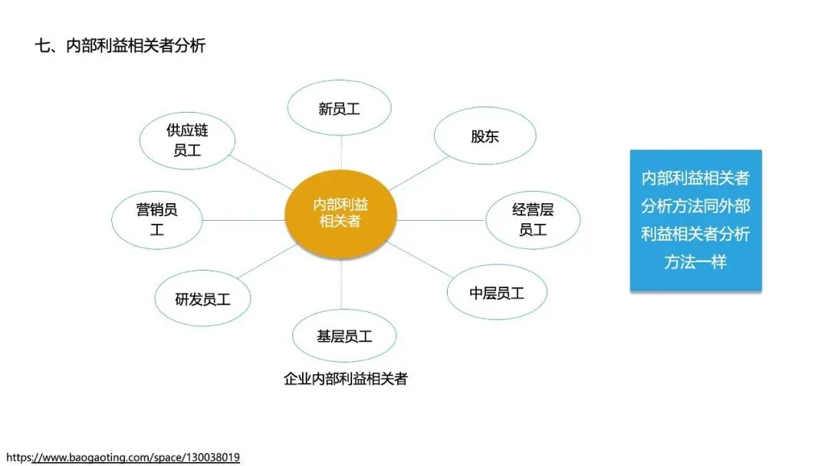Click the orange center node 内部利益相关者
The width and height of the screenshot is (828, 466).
pyautogui.click(x=340, y=213)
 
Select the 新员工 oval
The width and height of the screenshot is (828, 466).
pyautogui.click(x=339, y=108)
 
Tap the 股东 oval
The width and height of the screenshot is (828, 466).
pyautogui.click(x=485, y=136)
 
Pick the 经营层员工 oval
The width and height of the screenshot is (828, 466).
pyautogui.click(x=533, y=219)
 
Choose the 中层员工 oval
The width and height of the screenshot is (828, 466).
pyautogui.click(x=497, y=293)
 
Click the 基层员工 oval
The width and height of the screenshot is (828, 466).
pyautogui.click(x=344, y=336)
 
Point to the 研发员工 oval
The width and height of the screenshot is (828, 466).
pyautogui.click(x=202, y=299)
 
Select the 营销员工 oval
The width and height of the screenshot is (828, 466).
pyautogui.click(x=157, y=218)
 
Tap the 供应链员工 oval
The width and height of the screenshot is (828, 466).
pyautogui.click(x=186, y=140)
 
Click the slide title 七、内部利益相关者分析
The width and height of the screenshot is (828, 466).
pyautogui.click(x=120, y=45)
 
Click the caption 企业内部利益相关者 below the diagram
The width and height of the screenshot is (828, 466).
pyautogui.click(x=345, y=379)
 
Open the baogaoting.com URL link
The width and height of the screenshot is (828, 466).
pyautogui.click(x=123, y=458)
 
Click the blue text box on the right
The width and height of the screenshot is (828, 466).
pyautogui.click(x=695, y=220)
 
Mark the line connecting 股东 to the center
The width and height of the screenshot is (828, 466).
pyautogui.click(x=418, y=173)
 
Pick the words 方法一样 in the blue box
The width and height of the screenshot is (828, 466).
pyautogui.click(x=695, y=261)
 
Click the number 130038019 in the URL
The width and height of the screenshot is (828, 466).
pyautogui.click(x=211, y=458)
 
